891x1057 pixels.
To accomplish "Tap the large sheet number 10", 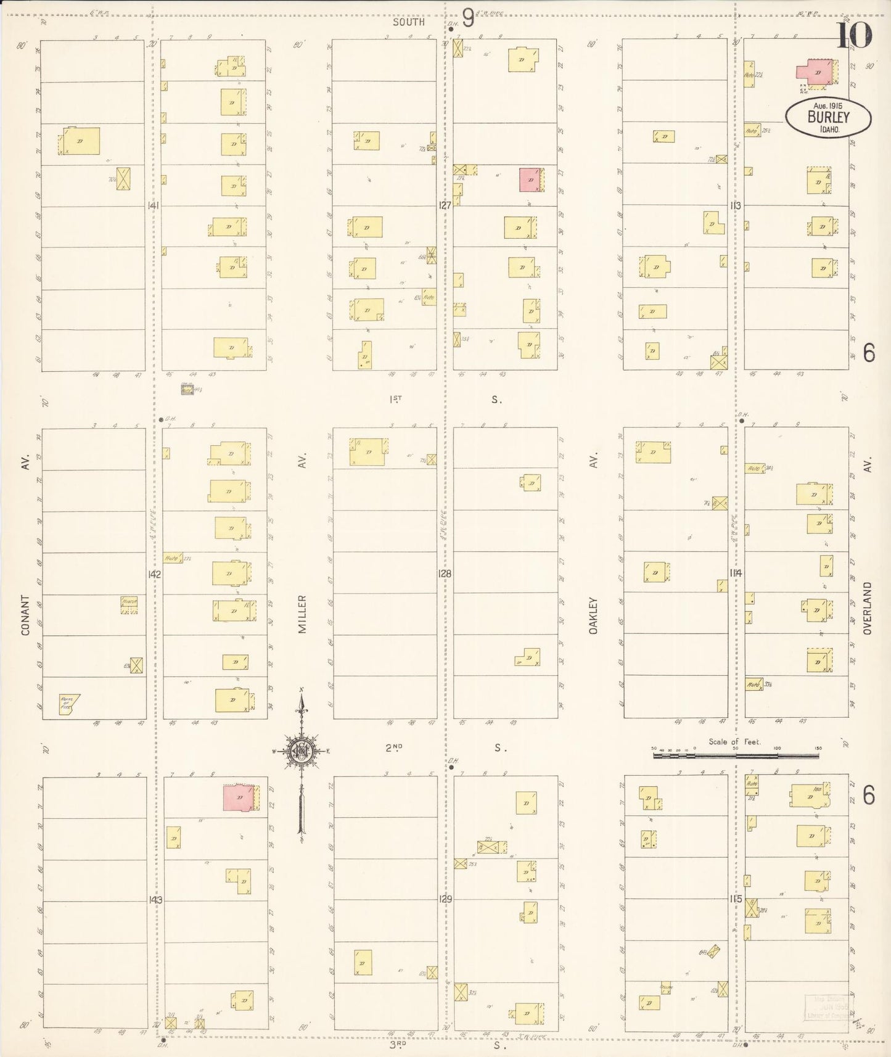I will [854, 35].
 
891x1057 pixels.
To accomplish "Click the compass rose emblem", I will [302, 751].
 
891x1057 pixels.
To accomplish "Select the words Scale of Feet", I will [734, 742].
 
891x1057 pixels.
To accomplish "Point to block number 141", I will [153, 205].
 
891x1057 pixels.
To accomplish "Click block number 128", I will [444, 574].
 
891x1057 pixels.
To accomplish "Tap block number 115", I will [735, 899].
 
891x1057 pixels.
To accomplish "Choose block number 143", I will [155, 900].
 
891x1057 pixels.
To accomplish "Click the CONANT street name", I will [26, 615].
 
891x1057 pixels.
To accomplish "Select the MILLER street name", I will [302, 614].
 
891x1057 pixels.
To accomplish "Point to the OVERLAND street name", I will [867, 608].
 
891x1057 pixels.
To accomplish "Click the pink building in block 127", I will [530, 179].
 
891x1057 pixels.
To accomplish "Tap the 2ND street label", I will [394, 748].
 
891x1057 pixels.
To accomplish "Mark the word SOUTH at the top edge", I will [409, 22].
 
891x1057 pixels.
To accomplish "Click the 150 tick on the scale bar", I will [818, 748].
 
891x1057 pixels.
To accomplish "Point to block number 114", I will [735, 574].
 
